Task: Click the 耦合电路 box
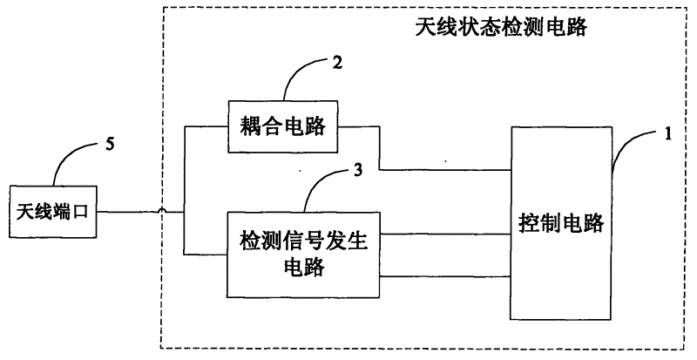point(283,126)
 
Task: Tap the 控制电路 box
point(560,223)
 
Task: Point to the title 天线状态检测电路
point(501,27)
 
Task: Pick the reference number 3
point(358,170)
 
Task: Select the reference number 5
point(109,144)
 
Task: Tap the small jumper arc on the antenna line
point(161,211)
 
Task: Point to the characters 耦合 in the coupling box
point(260,126)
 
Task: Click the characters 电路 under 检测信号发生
point(304,268)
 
